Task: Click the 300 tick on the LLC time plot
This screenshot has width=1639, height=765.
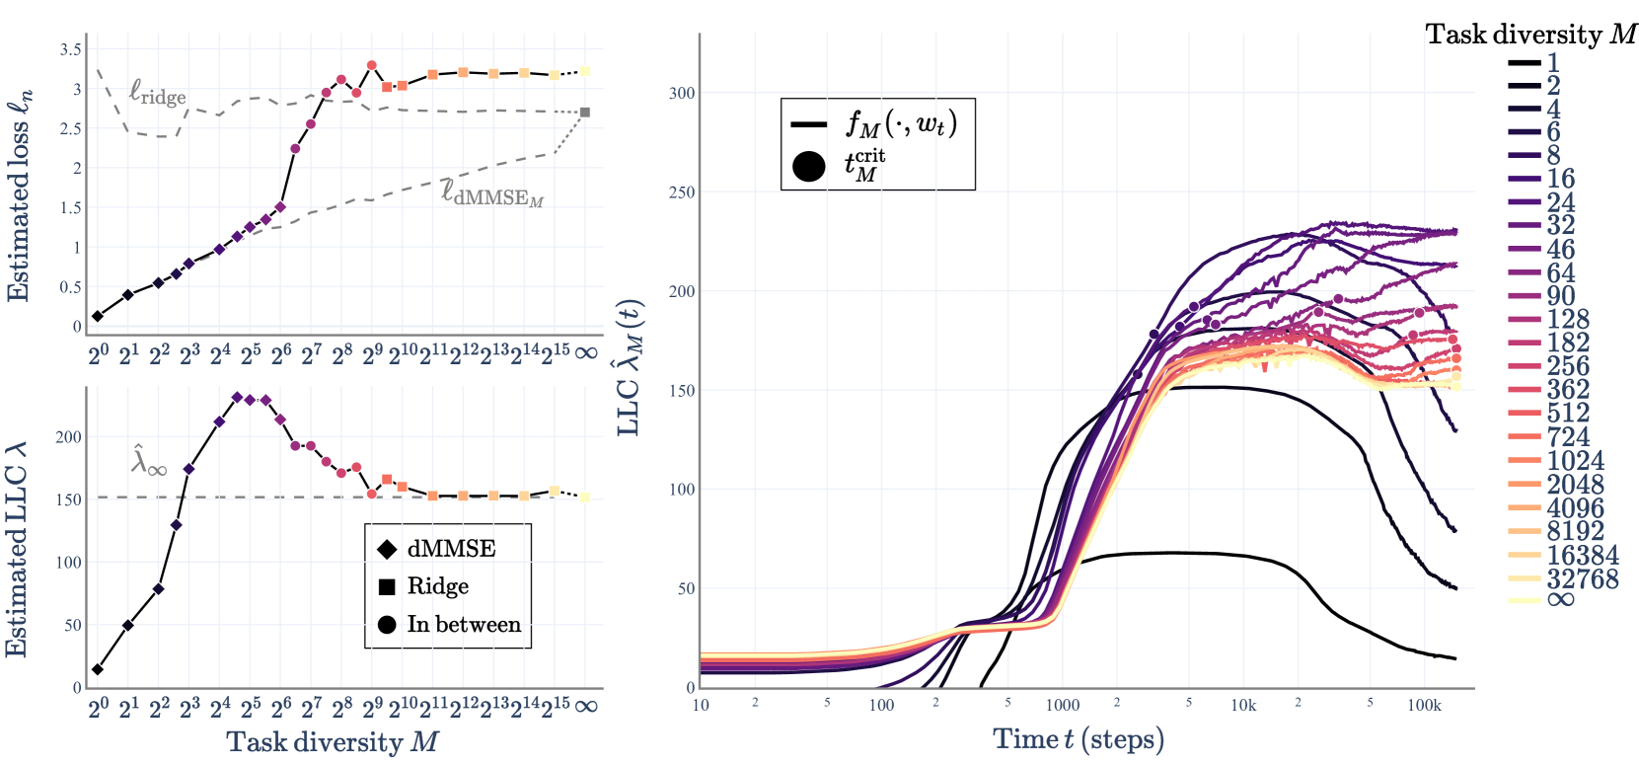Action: click(682, 93)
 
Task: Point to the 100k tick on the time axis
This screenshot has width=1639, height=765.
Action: click(1424, 705)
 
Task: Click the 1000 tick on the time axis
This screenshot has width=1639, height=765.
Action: click(1063, 705)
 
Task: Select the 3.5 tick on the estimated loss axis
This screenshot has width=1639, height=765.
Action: click(71, 49)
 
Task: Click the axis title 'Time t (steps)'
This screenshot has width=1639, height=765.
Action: click(1079, 739)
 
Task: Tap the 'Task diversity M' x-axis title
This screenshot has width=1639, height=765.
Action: click(333, 742)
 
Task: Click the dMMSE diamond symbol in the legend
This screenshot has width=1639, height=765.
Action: click(387, 549)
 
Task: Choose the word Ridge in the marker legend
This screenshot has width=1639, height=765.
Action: click(437, 586)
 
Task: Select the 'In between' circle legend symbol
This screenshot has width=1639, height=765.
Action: click(387, 625)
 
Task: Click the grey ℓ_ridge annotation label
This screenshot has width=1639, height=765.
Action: click(158, 94)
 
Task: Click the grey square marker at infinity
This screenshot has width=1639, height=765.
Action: click(585, 113)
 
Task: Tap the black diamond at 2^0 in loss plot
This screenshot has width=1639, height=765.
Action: click(97, 317)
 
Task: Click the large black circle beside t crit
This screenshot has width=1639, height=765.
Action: click(808, 165)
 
